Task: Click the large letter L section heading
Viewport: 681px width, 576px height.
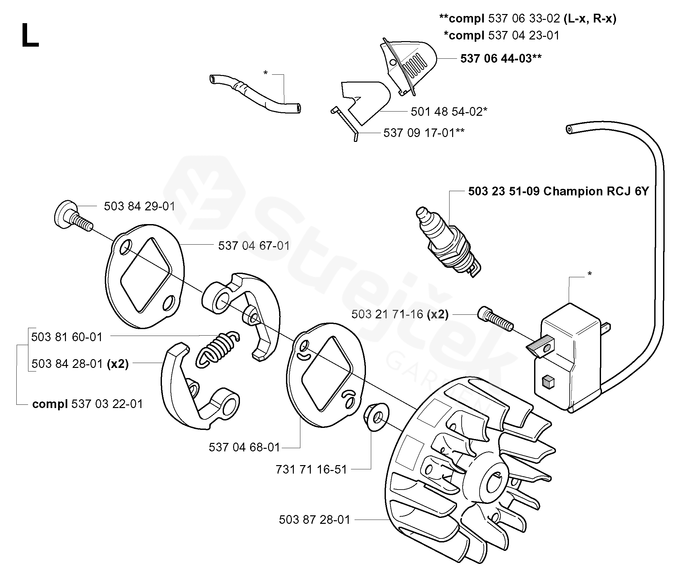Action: click(x=30, y=36)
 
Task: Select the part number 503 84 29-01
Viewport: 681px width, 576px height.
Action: click(x=139, y=206)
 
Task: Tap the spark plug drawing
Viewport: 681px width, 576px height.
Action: click(x=448, y=242)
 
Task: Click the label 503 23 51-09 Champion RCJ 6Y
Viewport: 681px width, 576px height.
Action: click(x=558, y=191)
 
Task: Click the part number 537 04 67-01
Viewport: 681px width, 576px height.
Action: click(x=254, y=246)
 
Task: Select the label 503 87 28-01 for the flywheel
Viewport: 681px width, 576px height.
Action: click(x=314, y=520)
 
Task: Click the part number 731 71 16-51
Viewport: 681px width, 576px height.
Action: click(x=311, y=470)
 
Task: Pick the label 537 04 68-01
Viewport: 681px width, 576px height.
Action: click(x=245, y=447)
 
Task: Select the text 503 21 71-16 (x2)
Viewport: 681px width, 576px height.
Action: click(x=400, y=314)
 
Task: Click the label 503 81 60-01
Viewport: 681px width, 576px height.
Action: click(x=67, y=337)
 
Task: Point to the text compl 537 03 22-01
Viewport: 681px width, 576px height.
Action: click(x=87, y=404)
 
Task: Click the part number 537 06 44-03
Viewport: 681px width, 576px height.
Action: click(x=500, y=59)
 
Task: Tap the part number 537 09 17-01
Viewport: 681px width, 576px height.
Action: click(x=424, y=133)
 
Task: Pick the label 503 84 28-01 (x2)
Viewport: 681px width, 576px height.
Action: click(x=80, y=364)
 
